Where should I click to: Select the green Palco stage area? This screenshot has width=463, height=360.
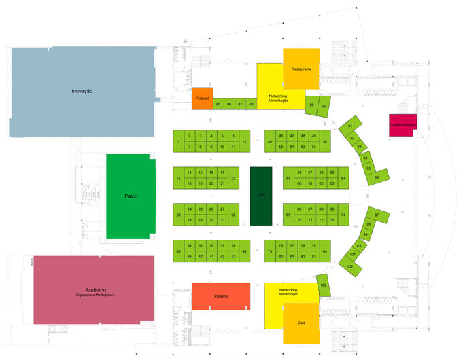point(131,196)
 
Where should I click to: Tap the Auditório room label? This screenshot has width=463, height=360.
point(95,291)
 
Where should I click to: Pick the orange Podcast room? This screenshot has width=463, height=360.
point(203,98)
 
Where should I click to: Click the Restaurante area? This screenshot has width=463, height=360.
point(301,68)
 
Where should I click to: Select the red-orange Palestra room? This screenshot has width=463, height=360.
point(220,296)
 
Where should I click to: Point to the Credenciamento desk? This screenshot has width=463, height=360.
point(402,124)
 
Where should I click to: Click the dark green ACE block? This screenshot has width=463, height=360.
point(261,196)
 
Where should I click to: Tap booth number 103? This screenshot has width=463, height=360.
point(324,285)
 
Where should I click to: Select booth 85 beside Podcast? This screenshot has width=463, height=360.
point(218,104)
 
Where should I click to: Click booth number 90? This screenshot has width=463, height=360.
point(324,107)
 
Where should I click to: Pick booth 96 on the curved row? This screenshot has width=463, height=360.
point(377,178)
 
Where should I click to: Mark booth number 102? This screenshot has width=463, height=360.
point(350,266)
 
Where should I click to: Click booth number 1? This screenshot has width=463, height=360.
point(178,141)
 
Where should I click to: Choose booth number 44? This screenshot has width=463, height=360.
point(244,251)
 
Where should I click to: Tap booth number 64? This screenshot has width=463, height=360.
point(343,178)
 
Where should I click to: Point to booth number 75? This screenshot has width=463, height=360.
point(270,251)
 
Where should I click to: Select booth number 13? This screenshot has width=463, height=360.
point(178,178)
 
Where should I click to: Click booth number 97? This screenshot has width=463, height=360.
point(377,215)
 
